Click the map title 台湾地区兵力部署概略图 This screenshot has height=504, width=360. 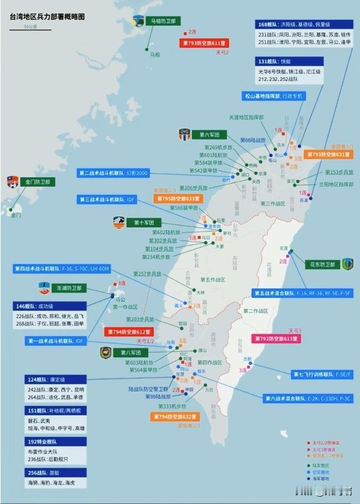pyautogui.click(x=47, y=16)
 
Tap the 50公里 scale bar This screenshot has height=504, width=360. pyautogui.click(x=30, y=28)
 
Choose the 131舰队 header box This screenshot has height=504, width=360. pyautogui.click(x=289, y=62)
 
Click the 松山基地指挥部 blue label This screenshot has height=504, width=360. pyautogui.click(x=274, y=96)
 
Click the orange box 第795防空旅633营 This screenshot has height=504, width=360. pyautogui.click(x=178, y=199)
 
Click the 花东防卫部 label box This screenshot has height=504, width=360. pyautogui.click(x=323, y=264)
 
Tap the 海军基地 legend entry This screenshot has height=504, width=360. pyautogui.click(x=320, y=478)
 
